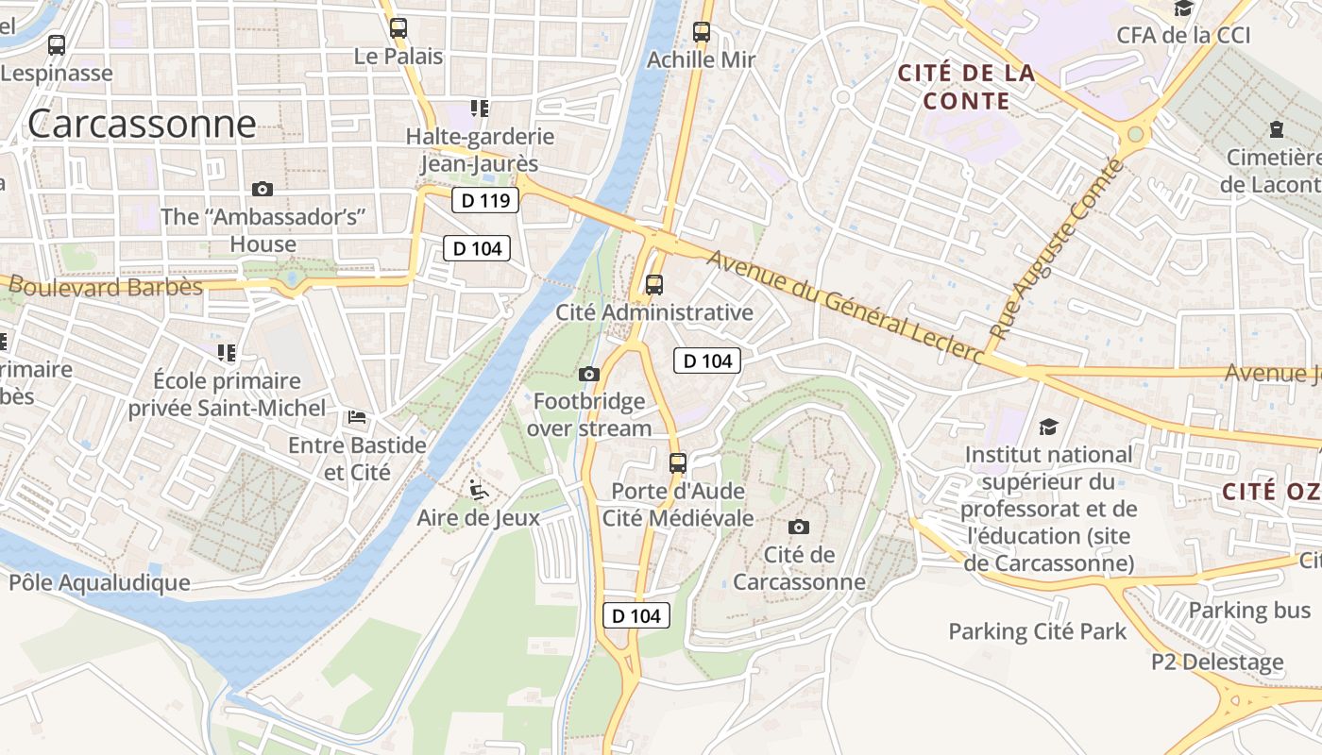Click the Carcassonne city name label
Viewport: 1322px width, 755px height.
pyautogui.click(x=142, y=124)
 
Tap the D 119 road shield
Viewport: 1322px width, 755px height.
pyautogui.click(x=485, y=200)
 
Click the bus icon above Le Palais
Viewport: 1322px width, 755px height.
pyautogui.click(x=398, y=28)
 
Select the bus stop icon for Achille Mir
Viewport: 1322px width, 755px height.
pyautogui.click(x=702, y=32)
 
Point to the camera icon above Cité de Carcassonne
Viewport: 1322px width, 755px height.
pyautogui.click(x=799, y=527)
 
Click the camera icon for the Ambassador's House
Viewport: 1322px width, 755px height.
pyautogui.click(x=263, y=190)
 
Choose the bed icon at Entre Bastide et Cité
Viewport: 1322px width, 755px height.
pyautogui.click(x=357, y=416)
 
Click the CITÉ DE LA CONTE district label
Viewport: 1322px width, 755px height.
pyautogui.click(x=966, y=87)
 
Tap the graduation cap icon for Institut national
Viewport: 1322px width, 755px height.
pyautogui.click(x=1048, y=428)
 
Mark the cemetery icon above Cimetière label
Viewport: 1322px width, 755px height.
pyautogui.click(x=1277, y=129)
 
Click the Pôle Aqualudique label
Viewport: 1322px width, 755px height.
pyautogui.click(x=99, y=582)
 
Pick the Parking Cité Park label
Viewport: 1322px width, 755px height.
pyautogui.click(x=1038, y=630)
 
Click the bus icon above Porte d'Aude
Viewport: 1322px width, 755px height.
pyautogui.click(x=678, y=463)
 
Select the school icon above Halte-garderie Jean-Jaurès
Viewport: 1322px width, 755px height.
pyautogui.click(x=480, y=109)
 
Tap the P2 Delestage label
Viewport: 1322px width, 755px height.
pyautogui.click(x=1217, y=662)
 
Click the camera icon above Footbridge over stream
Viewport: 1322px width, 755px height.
pyautogui.click(x=589, y=375)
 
